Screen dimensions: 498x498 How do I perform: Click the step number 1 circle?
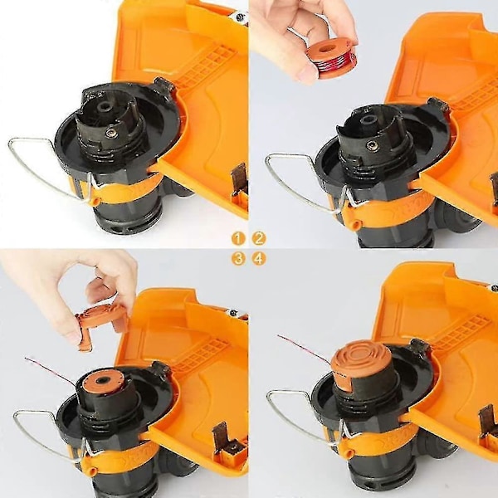pos(239,238)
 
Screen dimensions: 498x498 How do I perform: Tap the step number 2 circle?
pos(259,238)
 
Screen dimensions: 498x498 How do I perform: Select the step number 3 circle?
pos(239,259)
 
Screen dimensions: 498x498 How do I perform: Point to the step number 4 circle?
pos(259,259)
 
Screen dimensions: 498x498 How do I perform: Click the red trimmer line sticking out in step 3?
pos(51,370)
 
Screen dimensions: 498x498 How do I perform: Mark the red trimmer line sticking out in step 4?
pos(305,349)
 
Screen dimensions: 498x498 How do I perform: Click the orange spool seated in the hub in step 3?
pos(101,380)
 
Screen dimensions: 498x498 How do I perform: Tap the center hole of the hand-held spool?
pos(325,50)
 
